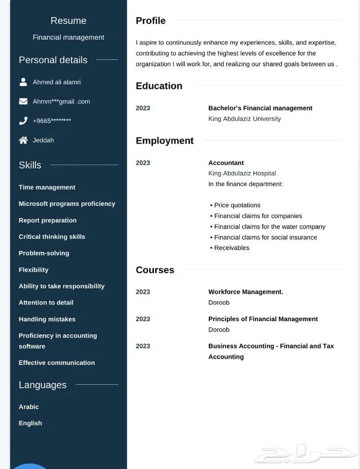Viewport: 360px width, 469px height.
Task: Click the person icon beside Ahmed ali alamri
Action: (23, 82)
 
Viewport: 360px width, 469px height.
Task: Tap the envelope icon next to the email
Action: (23, 101)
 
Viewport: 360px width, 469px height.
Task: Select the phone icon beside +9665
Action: (23, 121)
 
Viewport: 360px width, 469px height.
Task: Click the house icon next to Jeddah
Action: (23, 140)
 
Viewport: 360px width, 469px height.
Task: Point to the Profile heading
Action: (151, 21)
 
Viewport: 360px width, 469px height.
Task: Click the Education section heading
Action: (159, 86)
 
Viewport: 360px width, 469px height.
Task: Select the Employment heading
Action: (165, 141)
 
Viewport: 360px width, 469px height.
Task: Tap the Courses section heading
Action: (155, 270)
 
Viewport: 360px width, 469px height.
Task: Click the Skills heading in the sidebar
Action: (30, 165)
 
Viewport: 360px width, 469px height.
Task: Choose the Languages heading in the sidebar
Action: (43, 385)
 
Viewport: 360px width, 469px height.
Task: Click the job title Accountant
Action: (226, 163)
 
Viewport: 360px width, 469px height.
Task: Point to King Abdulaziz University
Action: (244, 119)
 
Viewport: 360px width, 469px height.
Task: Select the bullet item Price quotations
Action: (237, 205)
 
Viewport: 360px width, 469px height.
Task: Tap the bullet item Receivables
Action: (231, 248)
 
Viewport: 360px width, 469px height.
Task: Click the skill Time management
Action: (47, 187)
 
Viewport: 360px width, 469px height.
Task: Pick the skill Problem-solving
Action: (44, 253)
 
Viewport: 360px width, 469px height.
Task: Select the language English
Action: (30, 423)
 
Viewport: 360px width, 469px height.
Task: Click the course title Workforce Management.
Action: (245, 292)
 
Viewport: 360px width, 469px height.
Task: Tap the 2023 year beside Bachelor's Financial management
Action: (143, 108)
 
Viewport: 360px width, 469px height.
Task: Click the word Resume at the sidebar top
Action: (68, 21)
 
